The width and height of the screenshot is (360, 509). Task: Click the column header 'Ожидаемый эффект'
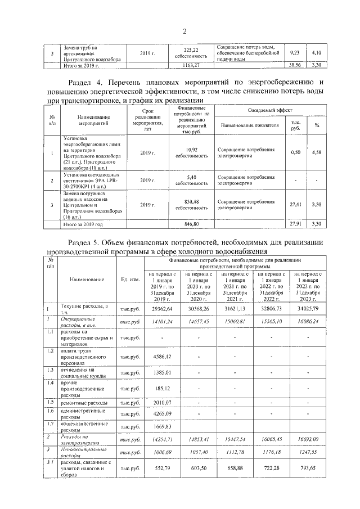(x=270, y=111)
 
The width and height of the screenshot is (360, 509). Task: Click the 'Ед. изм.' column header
(x=130, y=279)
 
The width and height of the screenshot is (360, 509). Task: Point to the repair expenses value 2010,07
(x=161, y=403)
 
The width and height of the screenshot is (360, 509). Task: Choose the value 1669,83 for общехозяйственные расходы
(x=161, y=427)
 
